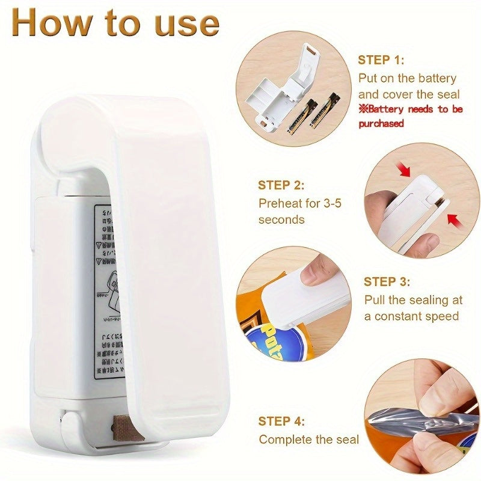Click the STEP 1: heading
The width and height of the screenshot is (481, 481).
[381, 60]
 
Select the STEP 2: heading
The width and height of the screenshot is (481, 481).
[281, 185]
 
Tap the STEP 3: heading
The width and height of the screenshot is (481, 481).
[387, 281]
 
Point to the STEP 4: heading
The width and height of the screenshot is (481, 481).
[281, 421]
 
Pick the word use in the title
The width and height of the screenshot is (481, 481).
[184, 24]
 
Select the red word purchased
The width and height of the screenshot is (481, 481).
[381, 124]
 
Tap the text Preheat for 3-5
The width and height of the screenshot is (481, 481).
[299, 203]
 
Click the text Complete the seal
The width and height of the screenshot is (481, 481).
[308, 440]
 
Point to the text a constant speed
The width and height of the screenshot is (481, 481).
[411, 316]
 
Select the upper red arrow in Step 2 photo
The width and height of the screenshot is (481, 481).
[405, 170]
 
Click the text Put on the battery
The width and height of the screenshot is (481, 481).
[407, 78]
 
